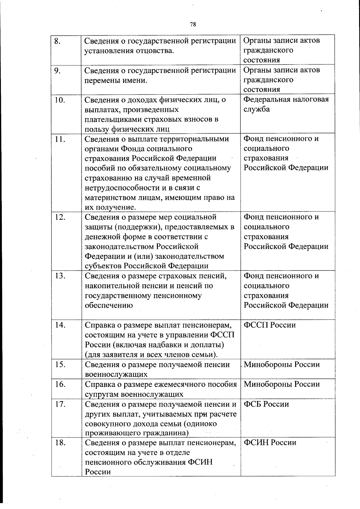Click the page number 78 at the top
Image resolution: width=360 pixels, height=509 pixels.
[193, 25]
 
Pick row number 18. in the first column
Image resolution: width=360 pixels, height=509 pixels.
[60, 443]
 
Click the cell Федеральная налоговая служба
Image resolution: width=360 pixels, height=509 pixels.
[286, 104]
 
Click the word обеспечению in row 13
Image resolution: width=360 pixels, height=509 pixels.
[109, 306]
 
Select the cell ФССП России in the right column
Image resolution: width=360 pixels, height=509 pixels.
[269, 325]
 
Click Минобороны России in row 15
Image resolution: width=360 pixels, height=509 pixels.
[282, 365]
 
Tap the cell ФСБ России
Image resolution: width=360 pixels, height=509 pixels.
[266, 404]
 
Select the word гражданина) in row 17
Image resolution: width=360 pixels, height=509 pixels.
[167, 433]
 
